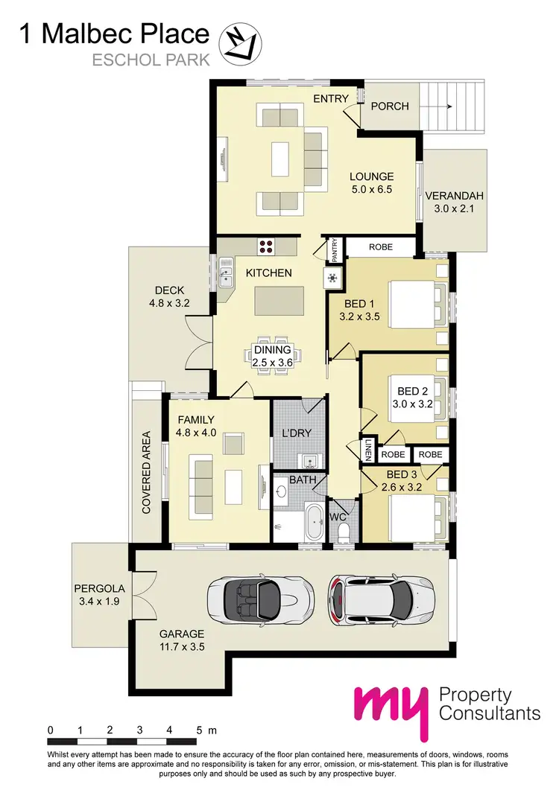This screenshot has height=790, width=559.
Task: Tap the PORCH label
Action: [390, 106]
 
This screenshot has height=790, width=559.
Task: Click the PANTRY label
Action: [335, 249]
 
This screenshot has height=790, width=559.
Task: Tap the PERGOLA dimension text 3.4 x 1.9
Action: [101, 600]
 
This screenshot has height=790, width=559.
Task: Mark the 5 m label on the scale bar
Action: [203, 730]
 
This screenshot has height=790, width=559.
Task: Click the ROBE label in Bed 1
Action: [380, 246]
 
